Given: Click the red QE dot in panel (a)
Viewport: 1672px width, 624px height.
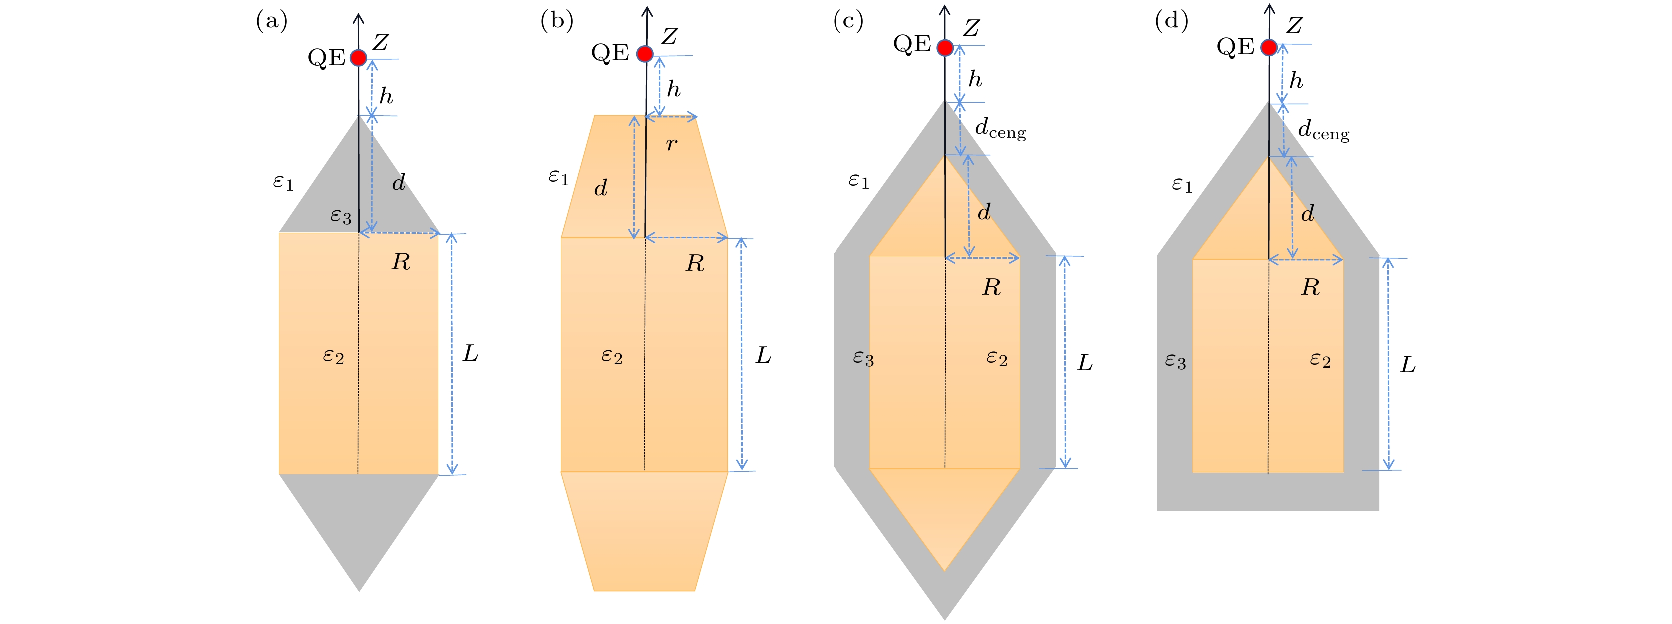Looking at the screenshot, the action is [x=358, y=58].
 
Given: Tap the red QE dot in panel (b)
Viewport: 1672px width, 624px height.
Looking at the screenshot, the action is [x=645, y=54].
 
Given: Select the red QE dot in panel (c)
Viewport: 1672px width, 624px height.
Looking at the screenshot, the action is [x=945, y=47].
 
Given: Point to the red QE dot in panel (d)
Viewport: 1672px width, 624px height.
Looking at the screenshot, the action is [x=1269, y=47].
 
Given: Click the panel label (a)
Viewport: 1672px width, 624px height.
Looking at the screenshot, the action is [x=272, y=21].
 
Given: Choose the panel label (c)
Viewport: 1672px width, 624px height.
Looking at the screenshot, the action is [x=848, y=21].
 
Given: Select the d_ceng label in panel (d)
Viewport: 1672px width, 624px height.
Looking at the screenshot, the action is [x=1323, y=129].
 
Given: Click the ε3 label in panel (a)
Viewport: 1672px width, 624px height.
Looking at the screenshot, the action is [x=341, y=215].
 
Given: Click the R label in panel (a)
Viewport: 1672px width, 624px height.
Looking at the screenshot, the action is [x=401, y=262].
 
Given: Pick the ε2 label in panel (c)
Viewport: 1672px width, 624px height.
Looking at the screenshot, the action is [x=997, y=358].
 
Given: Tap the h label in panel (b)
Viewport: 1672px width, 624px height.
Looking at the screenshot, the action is [x=674, y=88].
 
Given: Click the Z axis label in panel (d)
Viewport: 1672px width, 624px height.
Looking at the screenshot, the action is [x=1294, y=25].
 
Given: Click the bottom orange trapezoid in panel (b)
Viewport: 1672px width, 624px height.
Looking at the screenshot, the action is [x=645, y=531].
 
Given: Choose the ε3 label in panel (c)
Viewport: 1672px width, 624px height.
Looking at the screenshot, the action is [x=863, y=358].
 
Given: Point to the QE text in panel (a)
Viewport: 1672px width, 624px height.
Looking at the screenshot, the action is [x=326, y=58].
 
